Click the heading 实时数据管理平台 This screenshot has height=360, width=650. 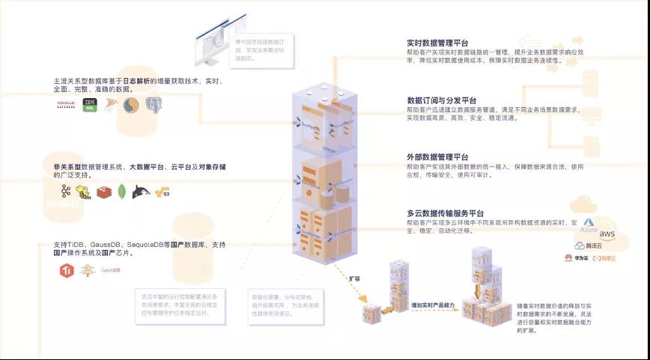click(x=437, y=44)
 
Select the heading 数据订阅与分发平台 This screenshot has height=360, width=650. click(x=442, y=100)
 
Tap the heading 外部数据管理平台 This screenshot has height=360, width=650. click(x=437, y=156)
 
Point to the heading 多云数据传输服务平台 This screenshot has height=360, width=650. click(x=446, y=213)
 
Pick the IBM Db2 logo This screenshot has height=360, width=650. click(x=90, y=106)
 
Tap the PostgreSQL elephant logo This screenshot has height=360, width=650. click(x=154, y=106)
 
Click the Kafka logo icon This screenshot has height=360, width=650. click(x=66, y=192)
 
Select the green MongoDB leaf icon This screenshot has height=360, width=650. click(x=121, y=192)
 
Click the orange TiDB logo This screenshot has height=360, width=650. click(x=65, y=270)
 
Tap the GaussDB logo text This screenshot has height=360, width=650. click(x=111, y=270)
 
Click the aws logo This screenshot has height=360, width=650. click(x=607, y=234)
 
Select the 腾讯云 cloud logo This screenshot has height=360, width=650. click(x=588, y=245)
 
